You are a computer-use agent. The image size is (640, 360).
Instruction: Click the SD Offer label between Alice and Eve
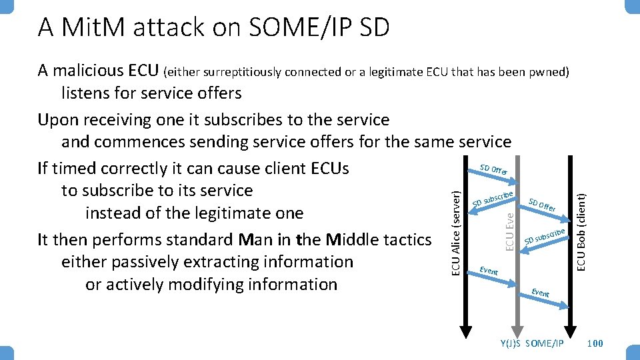click(494, 170)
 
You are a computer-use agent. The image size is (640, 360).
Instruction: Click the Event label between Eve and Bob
click(540, 293)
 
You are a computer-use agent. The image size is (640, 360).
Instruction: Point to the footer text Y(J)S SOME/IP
click(531, 343)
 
